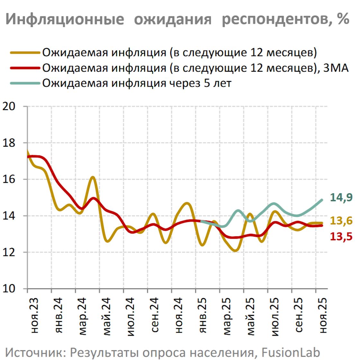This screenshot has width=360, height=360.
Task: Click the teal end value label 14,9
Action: pyautogui.click(x=341, y=198)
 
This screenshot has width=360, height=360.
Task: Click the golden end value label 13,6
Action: pyautogui.click(x=341, y=221)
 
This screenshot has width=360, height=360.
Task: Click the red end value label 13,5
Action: pyautogui.click(x=341, y=237)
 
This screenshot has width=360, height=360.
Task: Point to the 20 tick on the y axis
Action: pyautogui.click(x=9, y=106)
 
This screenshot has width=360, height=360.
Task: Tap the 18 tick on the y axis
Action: pyautogui.click(x=9, y=143)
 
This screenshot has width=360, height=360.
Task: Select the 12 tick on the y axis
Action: pyautogui.click(x=9, y=252)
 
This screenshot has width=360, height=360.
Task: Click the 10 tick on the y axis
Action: pyautogui.click(x=9, y=289)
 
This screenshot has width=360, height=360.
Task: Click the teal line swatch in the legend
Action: pyautogui.click(x=25, y=83)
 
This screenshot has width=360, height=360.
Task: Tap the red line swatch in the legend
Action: pyautogui.click(x=25, y=68)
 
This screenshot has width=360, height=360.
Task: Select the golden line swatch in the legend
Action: pyautogui.click(x=25, y=53)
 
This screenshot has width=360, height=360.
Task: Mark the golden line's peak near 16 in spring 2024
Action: pyautogui.click(x=92, y=177)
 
